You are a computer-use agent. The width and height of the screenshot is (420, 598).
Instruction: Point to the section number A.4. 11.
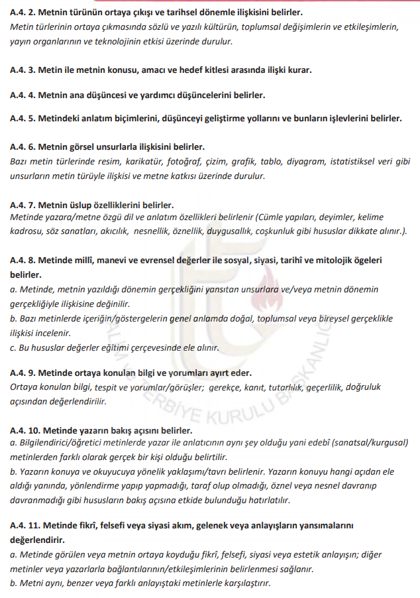pos(25,525)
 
